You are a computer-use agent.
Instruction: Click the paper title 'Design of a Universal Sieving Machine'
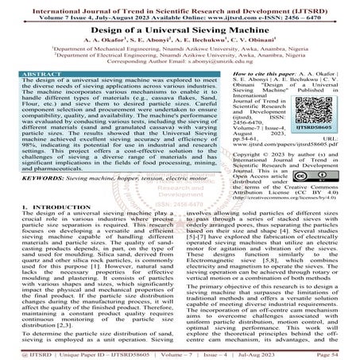[180, 26]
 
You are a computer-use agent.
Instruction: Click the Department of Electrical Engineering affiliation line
[180, 55]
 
